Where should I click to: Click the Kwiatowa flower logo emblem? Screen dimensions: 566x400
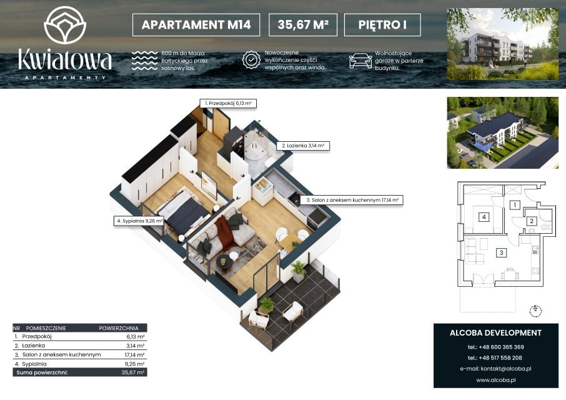click(x=65, y=25)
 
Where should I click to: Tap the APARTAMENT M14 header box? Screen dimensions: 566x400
click(x=196, y=25)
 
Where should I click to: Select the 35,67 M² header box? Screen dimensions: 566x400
click(x=303, y=25)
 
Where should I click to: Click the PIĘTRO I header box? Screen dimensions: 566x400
click(x=382, y=25)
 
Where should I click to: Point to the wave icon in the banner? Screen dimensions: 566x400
click(x=144, y=61)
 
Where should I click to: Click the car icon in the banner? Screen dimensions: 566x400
click(x=360, y=61)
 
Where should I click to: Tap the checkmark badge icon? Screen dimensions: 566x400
click(x=251, y=60)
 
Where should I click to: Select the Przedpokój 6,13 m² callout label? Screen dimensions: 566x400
click(x=228, y=103)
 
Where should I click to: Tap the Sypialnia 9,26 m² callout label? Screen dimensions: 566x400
click(x=139, y=221)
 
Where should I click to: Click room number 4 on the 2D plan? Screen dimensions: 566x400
click(x=484, y=217)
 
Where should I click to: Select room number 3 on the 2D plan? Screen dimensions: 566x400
click(x=501, y=252)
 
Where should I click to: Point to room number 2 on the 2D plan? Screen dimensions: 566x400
click(x=532, y=221)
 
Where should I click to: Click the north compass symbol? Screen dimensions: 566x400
click(x=535, y=310)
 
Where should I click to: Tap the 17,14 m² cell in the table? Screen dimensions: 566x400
click(x=135, y=355)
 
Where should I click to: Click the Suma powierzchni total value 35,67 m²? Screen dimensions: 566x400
click(x=133, y=372)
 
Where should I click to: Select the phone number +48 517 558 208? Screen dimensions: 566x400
click(x=495, y=357)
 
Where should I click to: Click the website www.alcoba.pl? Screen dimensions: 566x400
click(x=495, y=380)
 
